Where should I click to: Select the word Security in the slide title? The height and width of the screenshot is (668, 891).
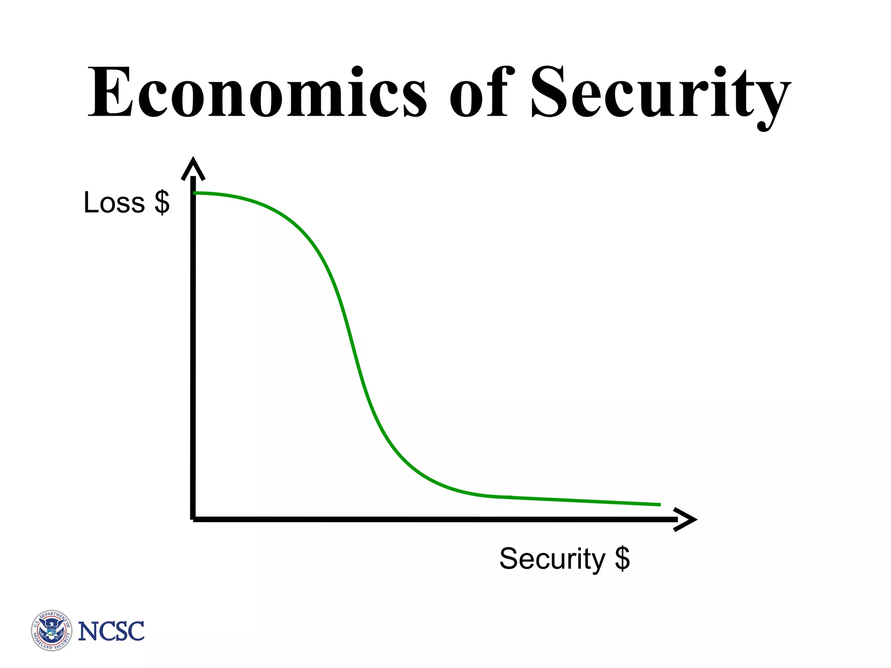pyautogui.click(x=660, y=94)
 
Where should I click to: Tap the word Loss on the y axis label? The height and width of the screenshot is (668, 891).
pyautogui.click(x=114, y=203)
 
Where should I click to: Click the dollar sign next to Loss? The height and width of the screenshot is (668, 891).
pyautogui.click(x=162, y=203)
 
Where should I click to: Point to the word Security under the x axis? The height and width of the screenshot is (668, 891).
pyautogui.click(x=552, y=559)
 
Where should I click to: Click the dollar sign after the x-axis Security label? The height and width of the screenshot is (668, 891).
pyautogui.click(x=622, y=558)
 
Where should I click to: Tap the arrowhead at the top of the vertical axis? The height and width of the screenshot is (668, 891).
pyautogui.click(x=193, y=168)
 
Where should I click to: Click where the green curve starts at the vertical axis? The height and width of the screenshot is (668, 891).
pyautogui.click(x=195, y=193)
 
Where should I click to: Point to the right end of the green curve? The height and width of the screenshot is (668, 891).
pyautogui.click(x=659, y=504)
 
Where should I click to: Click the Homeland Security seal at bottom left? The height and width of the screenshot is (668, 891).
pyautogui.click(x=52, y=630)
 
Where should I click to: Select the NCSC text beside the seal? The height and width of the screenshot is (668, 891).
pyautogui.click(x=111, y=631)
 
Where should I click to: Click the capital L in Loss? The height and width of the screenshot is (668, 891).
pyautogui.click(x=92, y=203)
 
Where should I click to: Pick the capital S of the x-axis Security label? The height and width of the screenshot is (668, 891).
pyautogui.click(x=509, y=558)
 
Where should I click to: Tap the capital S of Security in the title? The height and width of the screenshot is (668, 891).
pyautogui.click(x=548, y=92)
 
